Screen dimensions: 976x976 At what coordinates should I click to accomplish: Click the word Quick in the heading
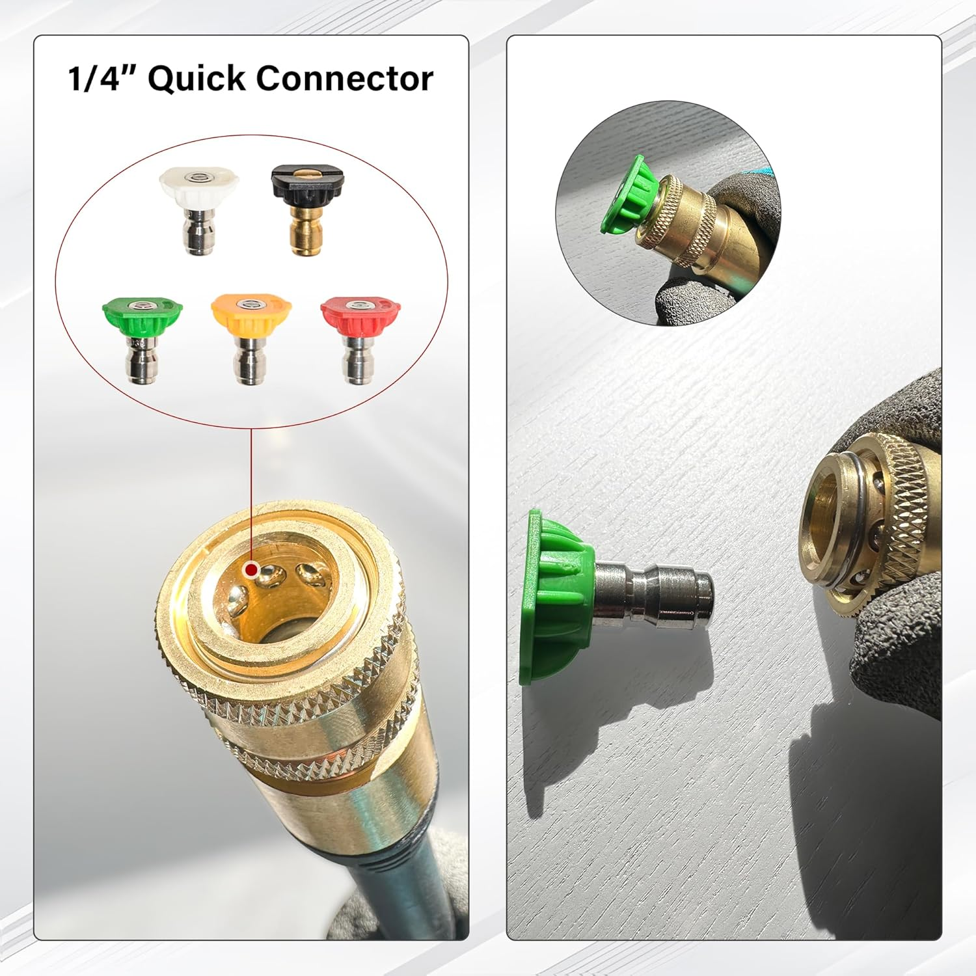pos(197,79)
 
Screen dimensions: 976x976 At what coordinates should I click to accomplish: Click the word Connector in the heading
pos(344,79)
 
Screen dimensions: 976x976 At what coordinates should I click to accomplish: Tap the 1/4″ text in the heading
pos(101,79)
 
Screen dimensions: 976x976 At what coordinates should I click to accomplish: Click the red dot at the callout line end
pos(251,571)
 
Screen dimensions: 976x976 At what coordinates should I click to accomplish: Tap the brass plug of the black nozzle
pos(306,231)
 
